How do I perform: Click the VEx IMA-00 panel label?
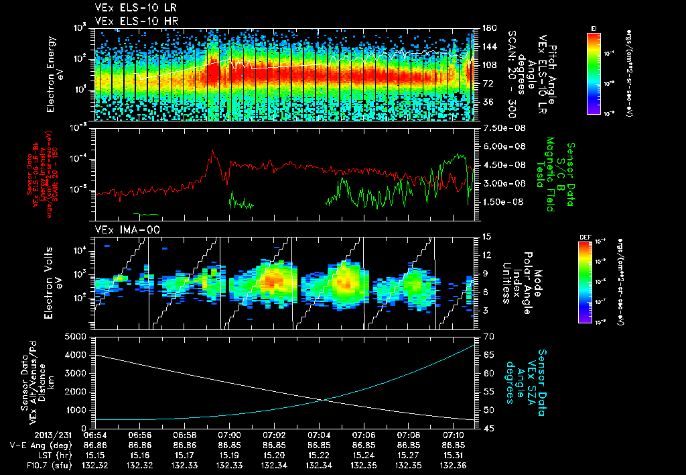point(118,229)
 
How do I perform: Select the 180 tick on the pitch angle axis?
point(488,28)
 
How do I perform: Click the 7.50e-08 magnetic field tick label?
point(498,128)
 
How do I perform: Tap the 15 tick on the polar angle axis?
point(486,237)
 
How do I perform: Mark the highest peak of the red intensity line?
point(212,150)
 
